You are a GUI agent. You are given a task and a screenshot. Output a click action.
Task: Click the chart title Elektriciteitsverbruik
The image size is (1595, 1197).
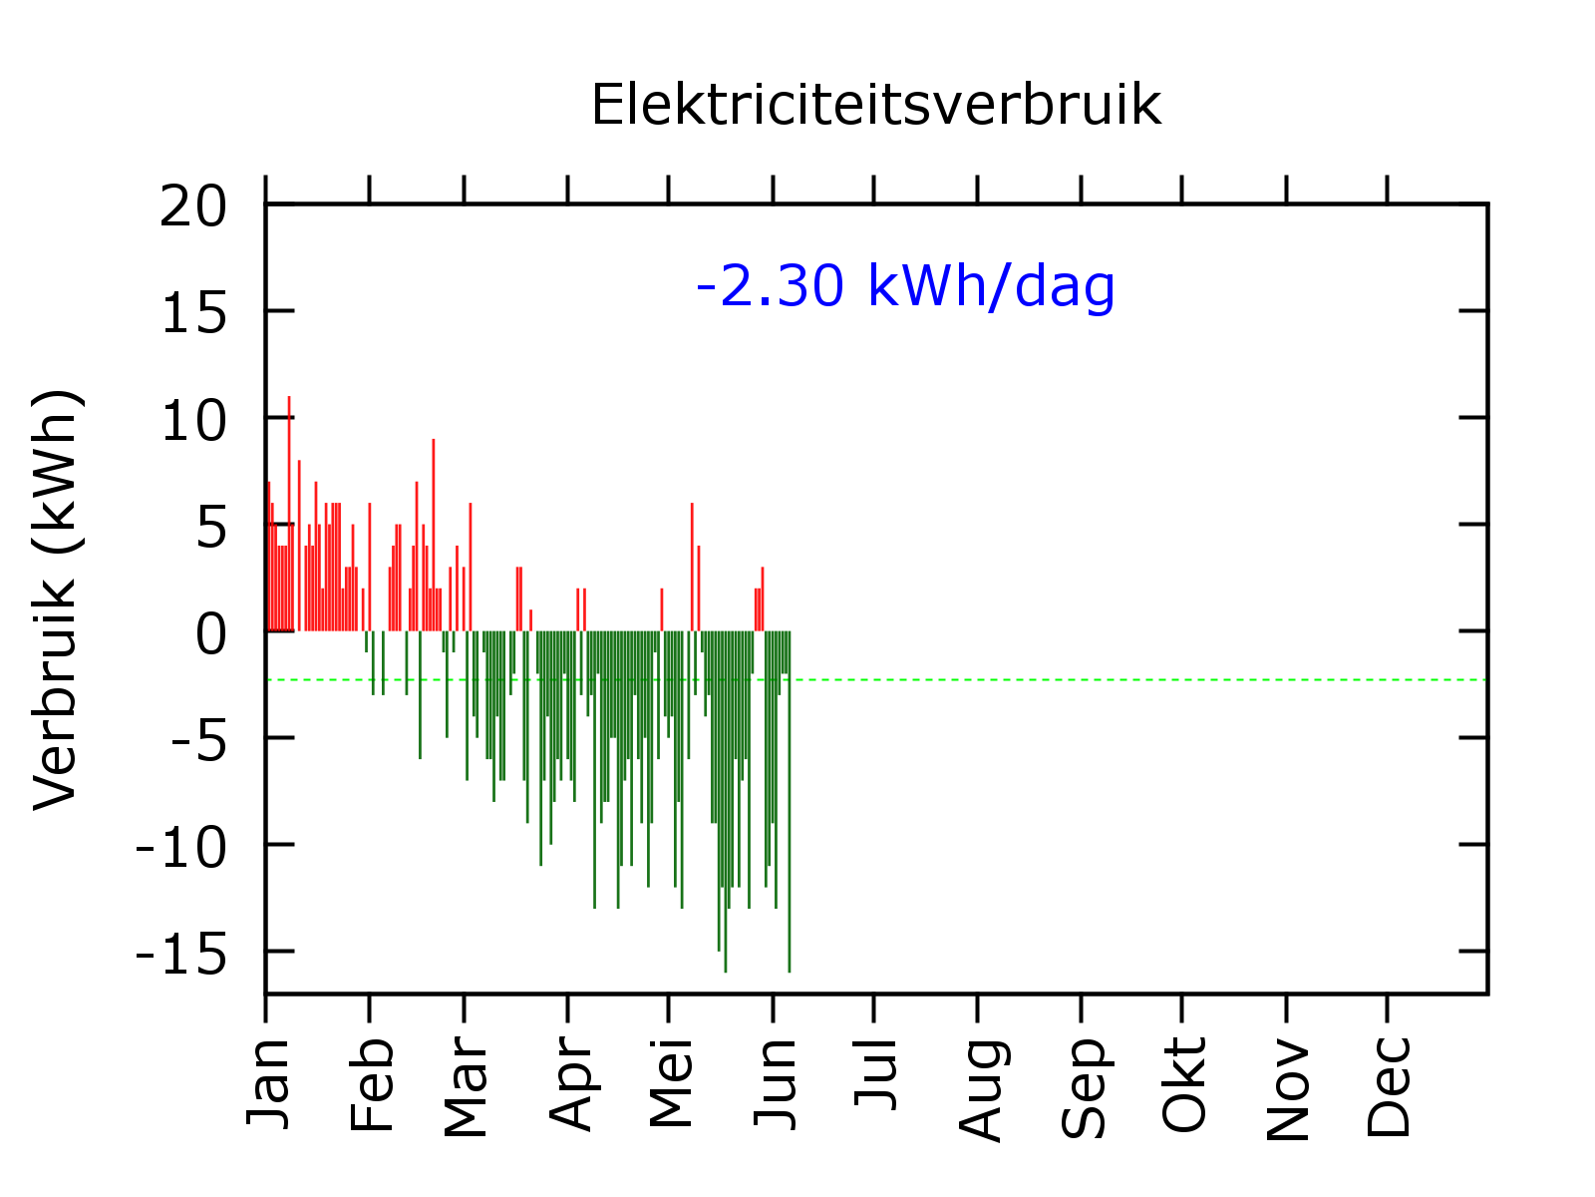pyautogui.click(x=875, y=105)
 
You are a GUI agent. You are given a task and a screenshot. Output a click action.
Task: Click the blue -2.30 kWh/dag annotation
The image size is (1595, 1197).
pyautogui.click(x=905, y=286)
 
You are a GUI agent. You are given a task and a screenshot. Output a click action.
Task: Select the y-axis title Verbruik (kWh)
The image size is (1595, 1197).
pyautogui.click(x=56, y=599)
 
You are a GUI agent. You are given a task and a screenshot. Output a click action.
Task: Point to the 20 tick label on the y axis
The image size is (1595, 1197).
pyautogui.click(x=193, y=207)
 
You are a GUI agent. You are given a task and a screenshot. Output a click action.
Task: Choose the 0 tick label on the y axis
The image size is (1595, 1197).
pyautogui.click(x=211, y=634)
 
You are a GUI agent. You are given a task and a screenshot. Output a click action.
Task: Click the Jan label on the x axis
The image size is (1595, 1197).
pyautogui.click(x=269, y=1083)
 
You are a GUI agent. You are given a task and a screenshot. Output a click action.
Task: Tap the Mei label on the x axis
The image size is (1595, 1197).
pyautogui.click(x=672, y=1083)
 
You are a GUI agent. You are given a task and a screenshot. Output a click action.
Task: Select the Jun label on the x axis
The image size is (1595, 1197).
pyautogui.click(x=777, y=1083)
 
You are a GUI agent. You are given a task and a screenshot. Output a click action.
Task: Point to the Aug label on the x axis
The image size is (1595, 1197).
pyautogui.click(x=981, y=1088)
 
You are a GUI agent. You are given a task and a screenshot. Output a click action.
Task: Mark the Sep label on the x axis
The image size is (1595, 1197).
pyautogui.click(x=1085, y=1087)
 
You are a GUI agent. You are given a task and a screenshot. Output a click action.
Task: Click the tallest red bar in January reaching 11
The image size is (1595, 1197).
pyautogui.click(x=289, y=499)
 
